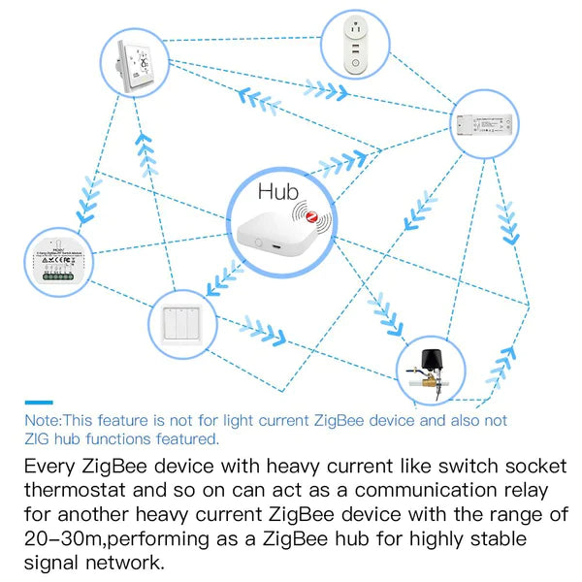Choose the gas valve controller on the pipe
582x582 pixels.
(432, 369)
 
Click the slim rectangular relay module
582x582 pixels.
(490, 124)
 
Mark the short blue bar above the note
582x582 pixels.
(38, 402)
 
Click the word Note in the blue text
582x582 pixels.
(42, 421)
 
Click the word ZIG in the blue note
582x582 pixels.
(39, 438)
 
